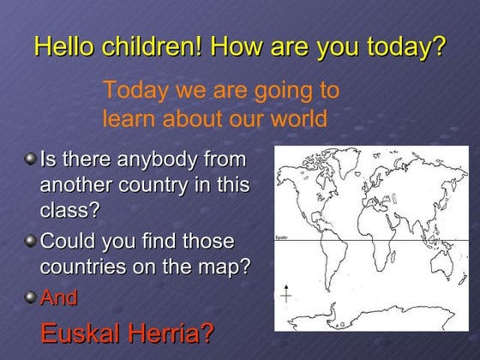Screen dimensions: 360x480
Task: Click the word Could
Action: (x=68, y=241)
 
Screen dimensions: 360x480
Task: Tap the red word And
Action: (x=58, y=297)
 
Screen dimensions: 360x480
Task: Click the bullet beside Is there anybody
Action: (x=30, y=159)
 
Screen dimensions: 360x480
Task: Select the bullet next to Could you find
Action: (x=30, y=241)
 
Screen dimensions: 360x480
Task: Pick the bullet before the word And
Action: (x=30, y=297)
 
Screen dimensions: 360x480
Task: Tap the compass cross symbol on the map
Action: (x=286, y=295)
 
